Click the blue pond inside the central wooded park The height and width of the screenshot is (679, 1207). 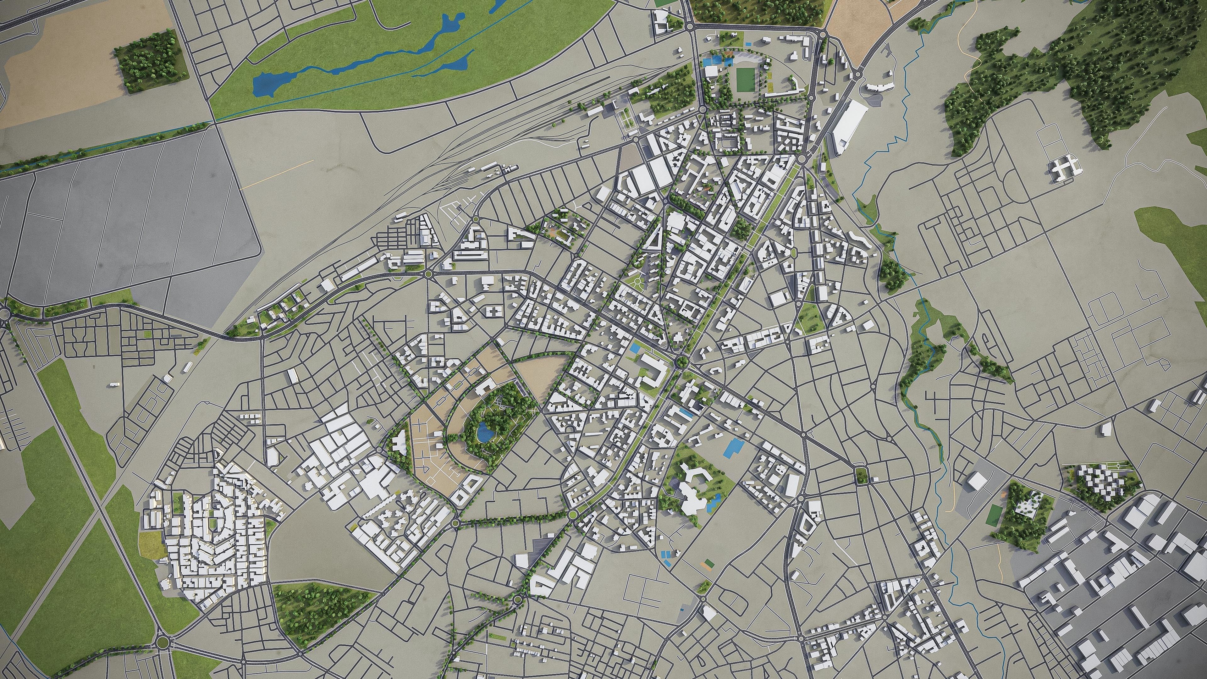click(x=482, y=432)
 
